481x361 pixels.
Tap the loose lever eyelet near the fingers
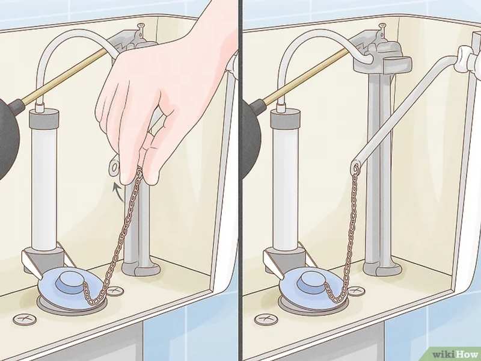(x=114, y=167)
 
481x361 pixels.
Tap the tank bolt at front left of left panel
(x=25, y=319)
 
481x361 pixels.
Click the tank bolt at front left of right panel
(x=266, y=319)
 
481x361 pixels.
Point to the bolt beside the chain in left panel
(x=115, y=291)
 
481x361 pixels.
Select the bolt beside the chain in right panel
(x=357, y=291)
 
